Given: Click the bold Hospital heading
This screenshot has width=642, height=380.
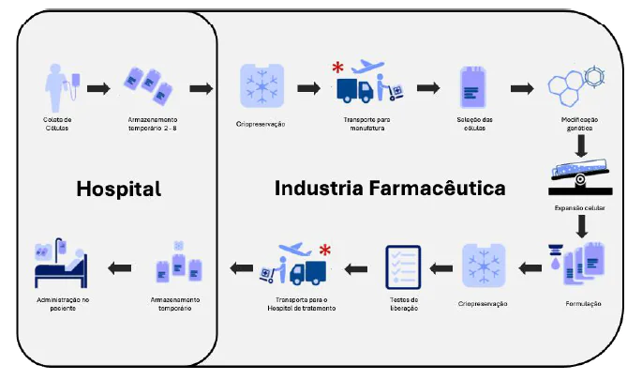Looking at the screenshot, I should click(118, 189).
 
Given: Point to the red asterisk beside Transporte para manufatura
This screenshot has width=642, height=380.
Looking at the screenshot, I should click(338, 67).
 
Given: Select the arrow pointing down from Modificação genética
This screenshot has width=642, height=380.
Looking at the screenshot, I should click(582, 146).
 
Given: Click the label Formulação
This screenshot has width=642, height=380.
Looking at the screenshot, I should click(583, 304).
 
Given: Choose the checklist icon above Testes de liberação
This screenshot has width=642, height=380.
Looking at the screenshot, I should click(404, 266).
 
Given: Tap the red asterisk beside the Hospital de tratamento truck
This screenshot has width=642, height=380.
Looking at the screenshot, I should click(325, 251).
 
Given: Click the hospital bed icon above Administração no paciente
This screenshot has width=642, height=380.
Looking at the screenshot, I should click(59, 267).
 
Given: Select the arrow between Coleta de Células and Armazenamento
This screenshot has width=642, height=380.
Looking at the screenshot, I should click(97, 89).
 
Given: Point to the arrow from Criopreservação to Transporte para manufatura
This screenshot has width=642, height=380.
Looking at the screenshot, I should click(307, 89).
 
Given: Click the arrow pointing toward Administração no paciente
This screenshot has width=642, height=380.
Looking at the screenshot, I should click(119, 268).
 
